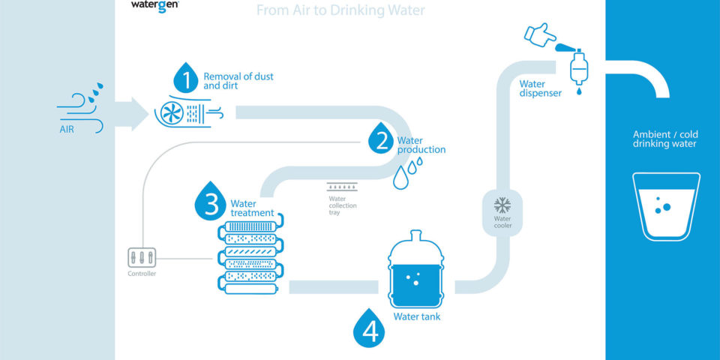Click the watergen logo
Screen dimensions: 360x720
click(x=154, y=4)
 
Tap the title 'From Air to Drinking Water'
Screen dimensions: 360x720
click(x=340, y=10)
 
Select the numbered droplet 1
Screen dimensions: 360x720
click(x=187, y=78)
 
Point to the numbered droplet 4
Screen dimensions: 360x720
click(x=368, y=329)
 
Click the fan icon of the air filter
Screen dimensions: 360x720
click(x=170, y=113)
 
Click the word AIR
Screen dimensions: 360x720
click(x=67, y=129)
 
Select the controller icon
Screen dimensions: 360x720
click(x=141, y=256)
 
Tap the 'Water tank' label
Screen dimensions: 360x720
click(x=417, y=316)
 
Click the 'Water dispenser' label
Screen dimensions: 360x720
click(x=540, y=88)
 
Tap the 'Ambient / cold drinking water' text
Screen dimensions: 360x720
click(x=664, y=139)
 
